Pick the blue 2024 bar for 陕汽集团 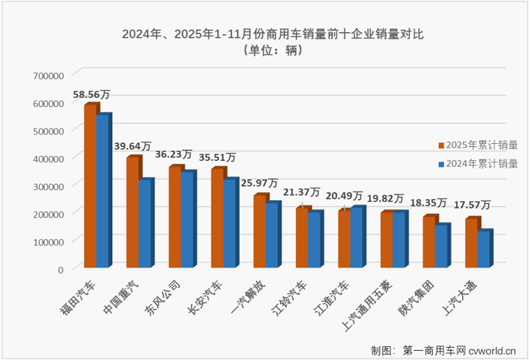(441, 247)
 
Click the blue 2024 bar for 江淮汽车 (356, 238)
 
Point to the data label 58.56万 (91, 94)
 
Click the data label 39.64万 (133, 146)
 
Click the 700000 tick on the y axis (49, 75)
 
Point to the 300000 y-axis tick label (49, 186)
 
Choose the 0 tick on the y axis (59, 269)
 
